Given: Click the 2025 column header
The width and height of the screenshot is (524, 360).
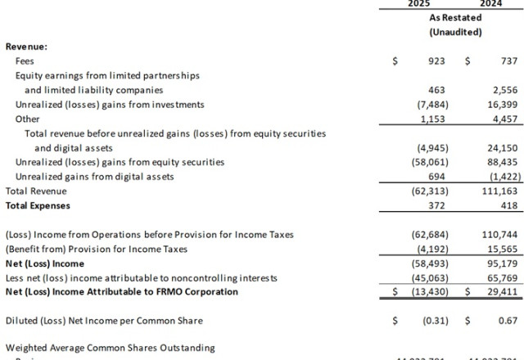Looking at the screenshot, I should point(419,4).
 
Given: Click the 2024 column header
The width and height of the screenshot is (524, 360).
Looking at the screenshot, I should point(491,4).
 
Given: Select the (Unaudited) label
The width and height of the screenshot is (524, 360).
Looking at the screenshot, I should point(455,32).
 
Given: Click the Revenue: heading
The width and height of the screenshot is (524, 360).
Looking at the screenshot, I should point(26,47).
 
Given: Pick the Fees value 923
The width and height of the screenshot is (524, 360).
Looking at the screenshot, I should point(436,61).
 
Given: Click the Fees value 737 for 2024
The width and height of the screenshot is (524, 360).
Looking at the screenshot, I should point(508,61).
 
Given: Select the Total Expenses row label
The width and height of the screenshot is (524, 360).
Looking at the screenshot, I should point(38,205).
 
